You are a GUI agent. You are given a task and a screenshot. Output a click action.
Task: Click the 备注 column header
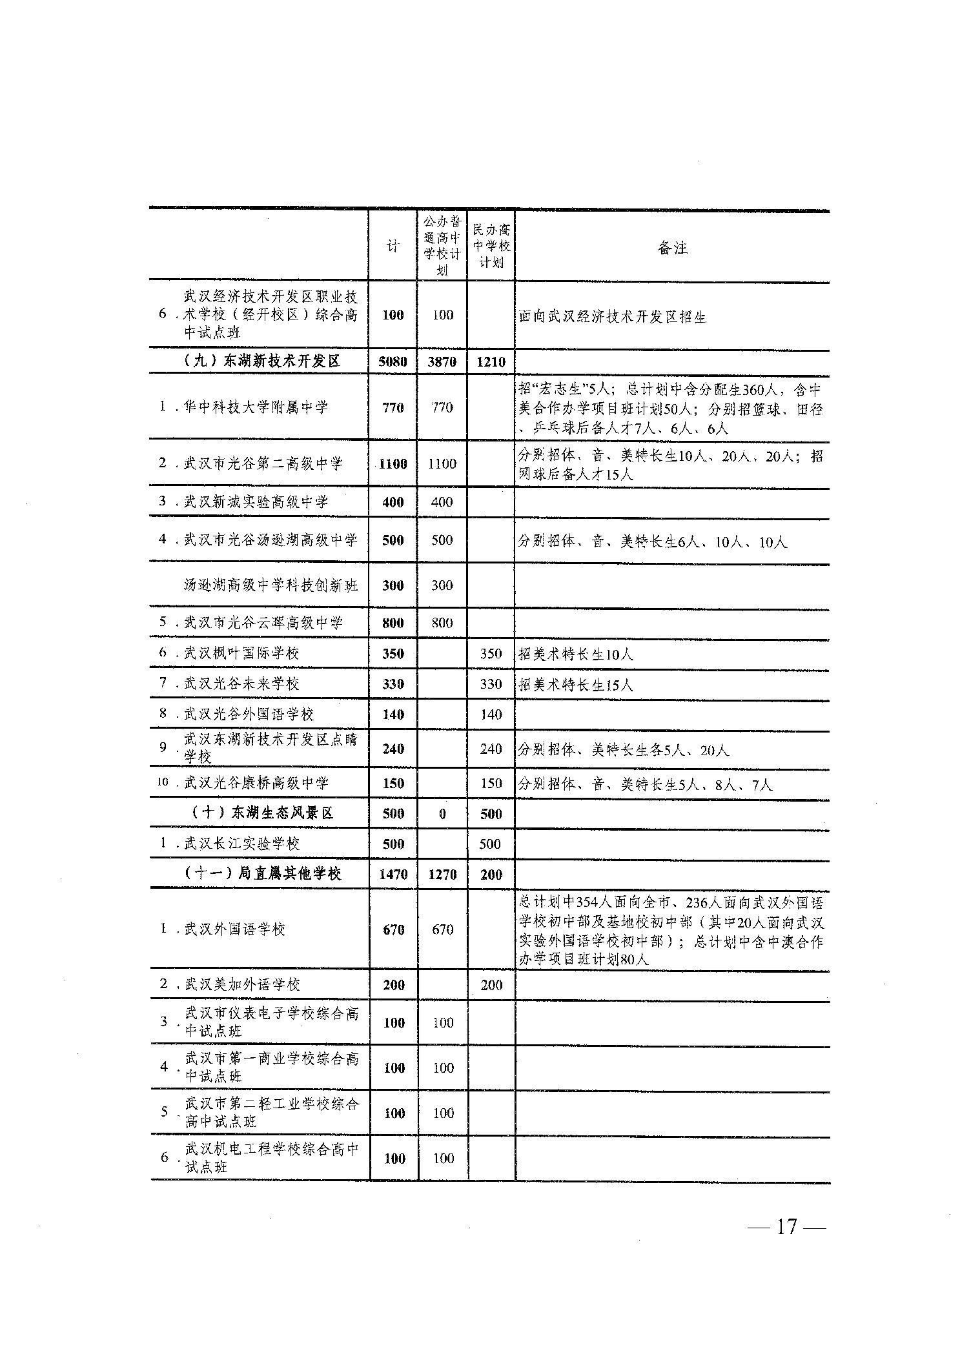(x=672, y=247)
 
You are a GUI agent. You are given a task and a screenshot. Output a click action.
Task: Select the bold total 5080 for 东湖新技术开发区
(x=393, y=361)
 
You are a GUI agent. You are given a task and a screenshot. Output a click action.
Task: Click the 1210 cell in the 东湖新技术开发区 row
(x=491, y=361)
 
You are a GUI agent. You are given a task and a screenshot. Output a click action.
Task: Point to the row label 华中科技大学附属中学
(x=256, y=407)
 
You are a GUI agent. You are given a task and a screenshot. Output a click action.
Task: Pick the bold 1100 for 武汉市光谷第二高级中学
(x=393, y=463)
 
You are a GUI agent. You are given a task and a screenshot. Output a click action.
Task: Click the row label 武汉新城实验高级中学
(x=256, y=502)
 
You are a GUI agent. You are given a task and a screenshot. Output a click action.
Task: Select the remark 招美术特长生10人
(x=575, y=654)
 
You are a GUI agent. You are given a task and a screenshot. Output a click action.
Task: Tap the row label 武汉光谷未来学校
(x=241, y=684)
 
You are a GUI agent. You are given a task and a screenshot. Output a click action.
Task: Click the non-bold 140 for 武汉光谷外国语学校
(x=491, y=714)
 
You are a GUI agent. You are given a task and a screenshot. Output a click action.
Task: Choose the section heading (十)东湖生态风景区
(x=263, y=813)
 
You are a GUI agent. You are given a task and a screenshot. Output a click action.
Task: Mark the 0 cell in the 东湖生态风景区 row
(x=442, y=814)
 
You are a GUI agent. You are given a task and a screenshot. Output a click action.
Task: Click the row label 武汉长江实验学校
(x=241, y=844)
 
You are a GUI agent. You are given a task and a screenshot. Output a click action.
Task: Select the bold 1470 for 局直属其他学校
(x=393, y=875)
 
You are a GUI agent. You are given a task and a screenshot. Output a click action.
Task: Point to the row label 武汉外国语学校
(x=234, y=929)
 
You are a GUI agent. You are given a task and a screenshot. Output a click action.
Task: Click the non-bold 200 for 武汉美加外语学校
(x=491, y=985)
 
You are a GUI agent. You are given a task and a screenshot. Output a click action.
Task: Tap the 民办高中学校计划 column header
(x=491, y=246)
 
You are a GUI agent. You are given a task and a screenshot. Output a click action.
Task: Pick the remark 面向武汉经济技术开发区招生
(x=612, y=316)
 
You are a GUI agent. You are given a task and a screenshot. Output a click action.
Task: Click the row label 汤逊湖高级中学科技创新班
(x=271, y=585)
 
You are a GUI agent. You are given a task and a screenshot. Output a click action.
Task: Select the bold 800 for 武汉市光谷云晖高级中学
(x=393, y=623)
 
